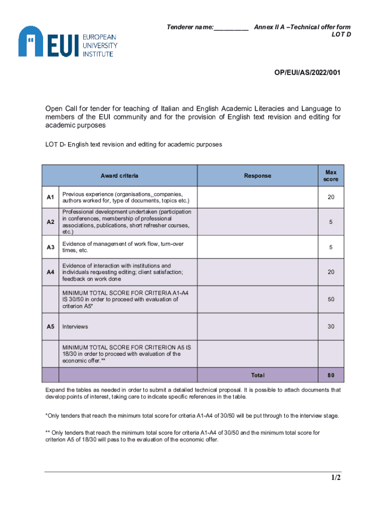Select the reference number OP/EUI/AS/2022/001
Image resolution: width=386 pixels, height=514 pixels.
pyautogui.click(x=307, y=73)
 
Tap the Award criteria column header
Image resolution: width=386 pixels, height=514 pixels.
pyautogui.click(x=119, y=176)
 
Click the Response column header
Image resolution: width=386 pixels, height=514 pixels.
pyautogui.click(x=258, y=176)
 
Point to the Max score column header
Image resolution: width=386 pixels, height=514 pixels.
pyautogui.click(x=331, y=176)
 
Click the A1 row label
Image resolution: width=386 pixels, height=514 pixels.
pyautogui.click(x=51, y=198)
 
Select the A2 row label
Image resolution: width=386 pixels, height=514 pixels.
pyautogui.click(x=51, y=222)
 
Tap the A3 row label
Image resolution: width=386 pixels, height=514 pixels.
pyautogui.click(x=51, y=247)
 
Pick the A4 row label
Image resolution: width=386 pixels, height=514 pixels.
pyautogui.click(x=51, y=272)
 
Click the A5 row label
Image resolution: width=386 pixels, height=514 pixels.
pyautogui.click(x=51, y=327)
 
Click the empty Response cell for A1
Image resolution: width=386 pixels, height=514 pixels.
pyautogui.click(x=258, y=198)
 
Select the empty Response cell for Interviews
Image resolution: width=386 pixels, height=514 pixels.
pyautogui.click(x=258, y=327)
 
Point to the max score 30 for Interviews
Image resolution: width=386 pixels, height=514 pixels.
pyautogui.click(x=331, y=327)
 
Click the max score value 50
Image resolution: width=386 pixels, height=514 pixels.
pyautogui.click(x=331, y=300)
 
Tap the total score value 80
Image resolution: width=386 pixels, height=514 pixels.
pyautogui.click(x=331, y=375)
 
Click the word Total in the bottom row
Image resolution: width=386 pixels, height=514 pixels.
pyautogui.click(x=258, y=375)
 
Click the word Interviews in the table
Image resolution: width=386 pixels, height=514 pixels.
pyautogui.click(x=75, y=327)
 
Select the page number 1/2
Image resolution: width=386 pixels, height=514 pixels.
pyautogui.click(x=335, y=478)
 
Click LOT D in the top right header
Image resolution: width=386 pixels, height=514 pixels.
pyautogui.click(x=341, y=35)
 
